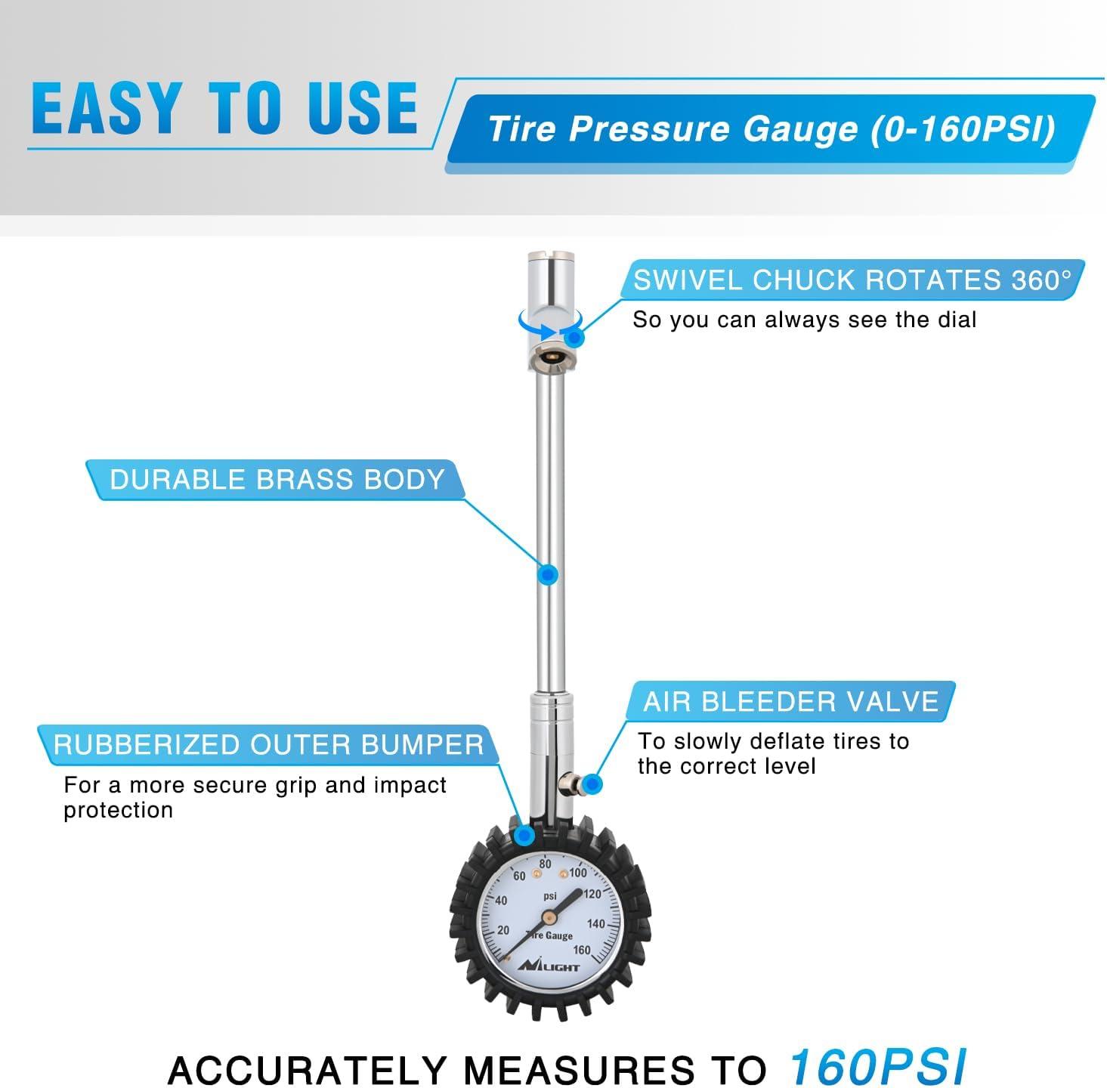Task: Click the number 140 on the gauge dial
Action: [595, 923]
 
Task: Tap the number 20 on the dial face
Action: [503, 930]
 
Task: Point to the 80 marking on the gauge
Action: [545, 864]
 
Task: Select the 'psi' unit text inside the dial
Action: [550, 897]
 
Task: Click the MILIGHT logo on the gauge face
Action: [549, 966]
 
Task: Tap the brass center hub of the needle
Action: [550, 915]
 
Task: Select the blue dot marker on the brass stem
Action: [548, 574]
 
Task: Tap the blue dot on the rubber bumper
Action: [524, 835]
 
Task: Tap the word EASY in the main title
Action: [107, 108]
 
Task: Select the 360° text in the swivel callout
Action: [1041, 280]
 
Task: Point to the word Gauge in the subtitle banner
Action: [800, 130]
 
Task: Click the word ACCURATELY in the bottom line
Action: [308, 1070]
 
